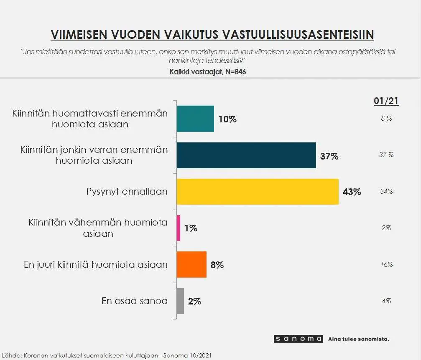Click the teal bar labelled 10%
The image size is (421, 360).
[x=195, y=119]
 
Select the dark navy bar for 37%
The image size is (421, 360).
[x=246, y=155]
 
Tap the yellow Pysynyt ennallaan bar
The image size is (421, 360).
[x=257, y=192]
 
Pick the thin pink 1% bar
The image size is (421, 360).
[x=179, y=228]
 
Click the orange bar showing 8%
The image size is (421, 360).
[x=191, y=264]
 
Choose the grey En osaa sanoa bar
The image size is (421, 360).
[x=180, y=301]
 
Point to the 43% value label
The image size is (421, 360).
[x=351, y=192]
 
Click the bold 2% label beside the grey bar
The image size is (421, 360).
[x=194, y=301]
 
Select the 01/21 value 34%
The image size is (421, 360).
[x=386, y=191]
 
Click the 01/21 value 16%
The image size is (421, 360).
[x=386, y=264]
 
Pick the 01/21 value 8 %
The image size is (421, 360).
[x=386, y=118]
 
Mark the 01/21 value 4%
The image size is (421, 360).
[x=386, y=301]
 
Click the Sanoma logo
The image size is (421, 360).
[x=299, y=339]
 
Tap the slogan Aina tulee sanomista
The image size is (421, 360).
[x=358, y=339]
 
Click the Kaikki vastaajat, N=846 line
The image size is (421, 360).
[x=208, y=72]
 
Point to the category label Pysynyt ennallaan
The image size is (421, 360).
[x=127, y=192]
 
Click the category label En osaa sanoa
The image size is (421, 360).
[x=134, y=301]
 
